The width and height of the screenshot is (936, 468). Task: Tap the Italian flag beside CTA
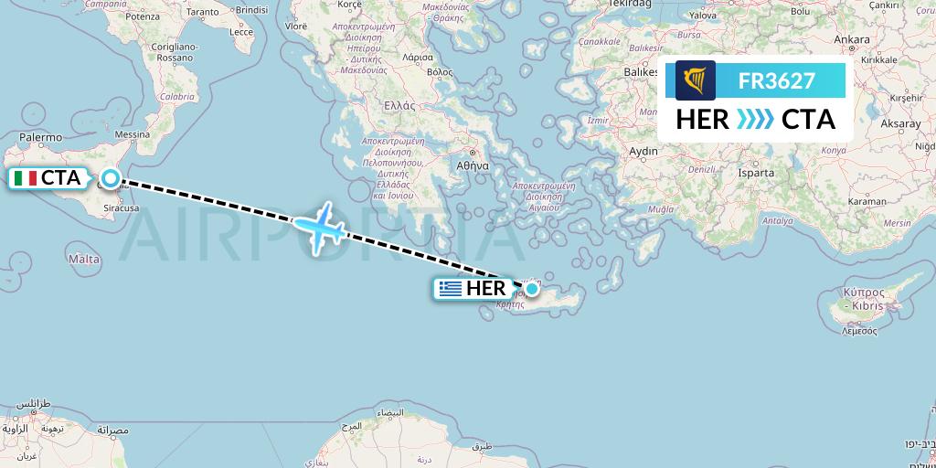25,178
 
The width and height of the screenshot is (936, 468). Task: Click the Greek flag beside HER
450,289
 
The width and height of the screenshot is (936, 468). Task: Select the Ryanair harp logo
696,80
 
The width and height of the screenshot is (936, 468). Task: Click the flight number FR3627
777,80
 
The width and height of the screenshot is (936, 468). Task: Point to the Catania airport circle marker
111,178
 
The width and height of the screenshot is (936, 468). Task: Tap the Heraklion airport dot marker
532,289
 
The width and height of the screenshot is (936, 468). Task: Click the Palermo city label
41,138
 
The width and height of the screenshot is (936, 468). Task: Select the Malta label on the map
84,260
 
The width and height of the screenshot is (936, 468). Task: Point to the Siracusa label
121,208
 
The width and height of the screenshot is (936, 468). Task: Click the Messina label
132,135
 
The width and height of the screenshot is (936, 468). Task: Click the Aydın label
644,151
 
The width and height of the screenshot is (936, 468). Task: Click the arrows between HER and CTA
755,120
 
